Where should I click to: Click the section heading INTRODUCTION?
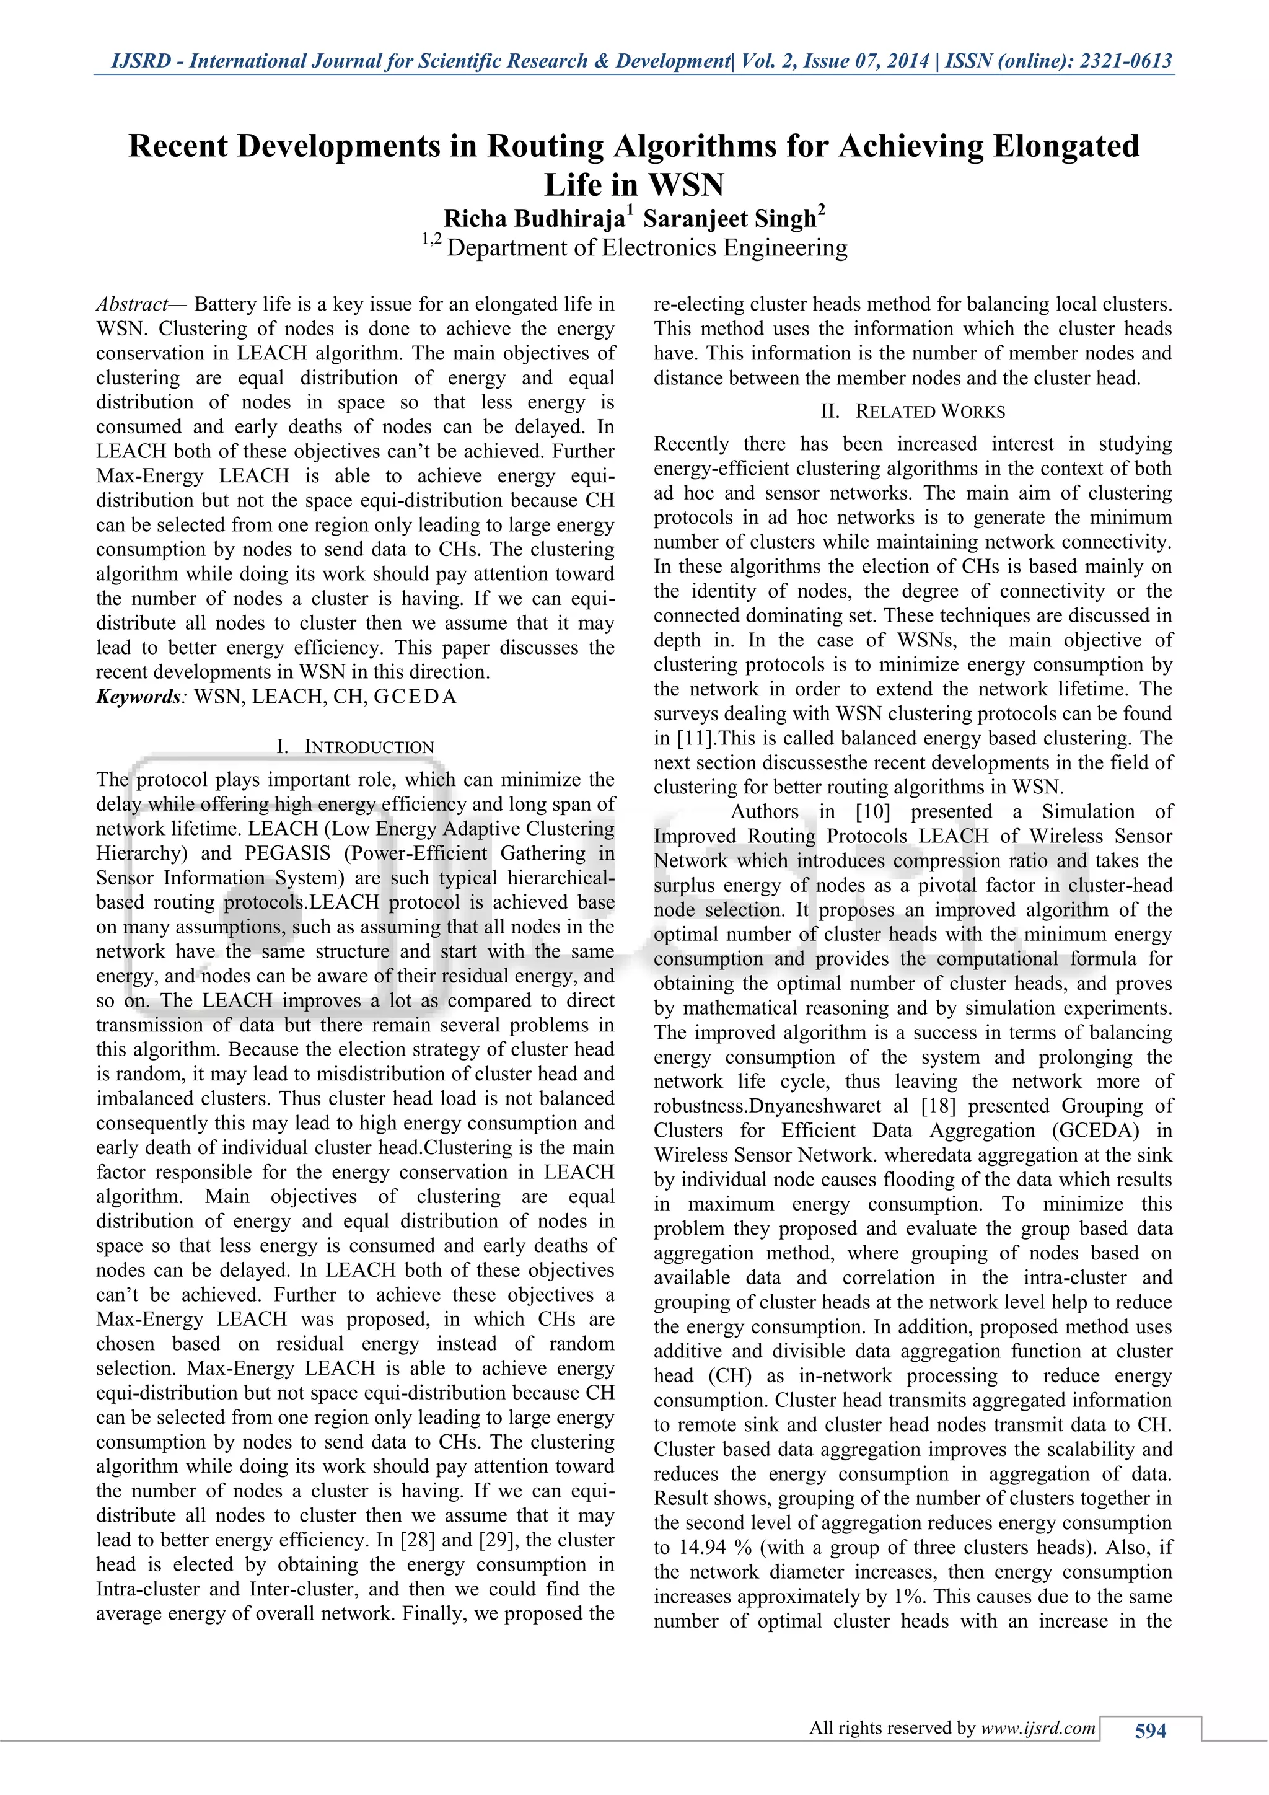[x=368, y=747]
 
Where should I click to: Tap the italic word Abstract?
[x=131, y=304]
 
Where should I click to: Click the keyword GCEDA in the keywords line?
[x=415, y=697]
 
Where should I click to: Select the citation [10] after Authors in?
[x=873, y=811]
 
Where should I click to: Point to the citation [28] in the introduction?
[x=418, y=1540]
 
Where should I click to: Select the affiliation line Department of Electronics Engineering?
[x=646, y=248]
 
